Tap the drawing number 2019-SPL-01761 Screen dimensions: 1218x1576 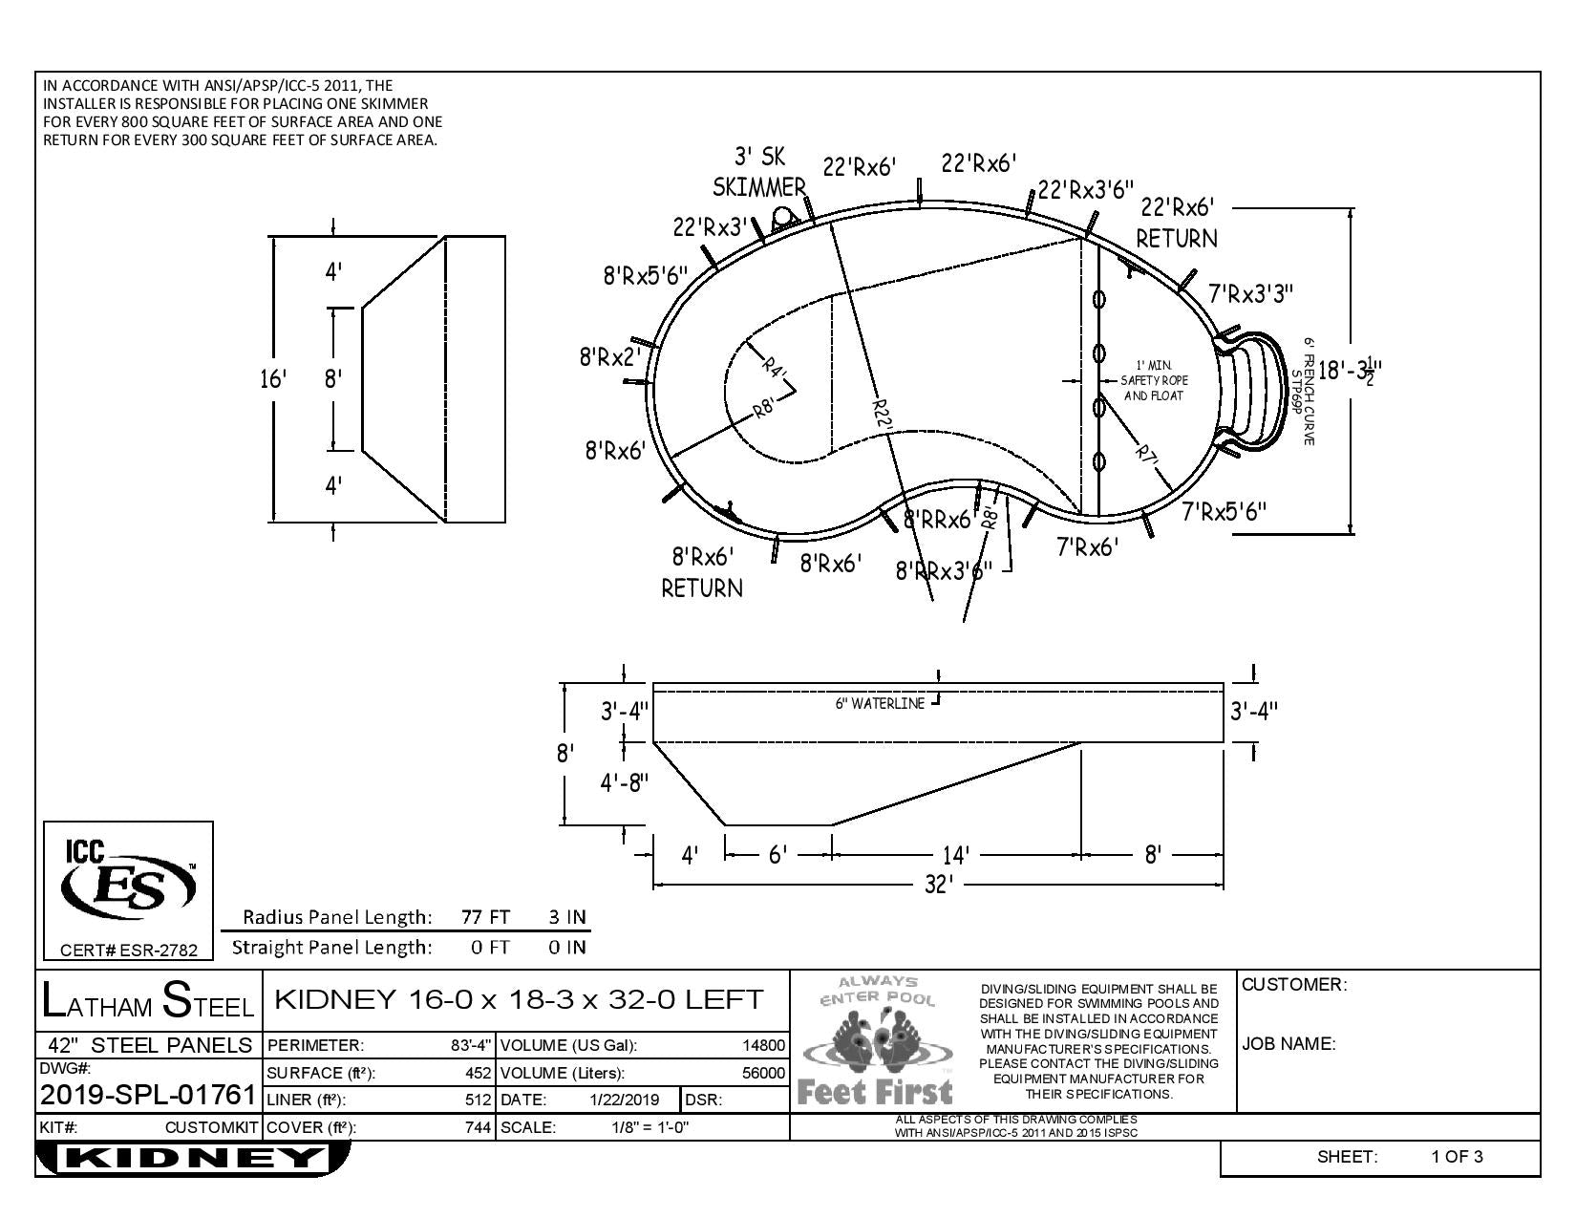click(148, 1095)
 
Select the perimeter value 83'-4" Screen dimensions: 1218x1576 click(471, 1045)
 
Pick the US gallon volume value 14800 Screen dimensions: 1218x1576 click(764, 1045)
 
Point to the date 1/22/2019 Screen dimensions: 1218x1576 click(626, 1100)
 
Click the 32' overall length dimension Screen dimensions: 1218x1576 click(938, 885)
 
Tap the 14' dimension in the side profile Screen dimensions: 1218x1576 click(955, 854)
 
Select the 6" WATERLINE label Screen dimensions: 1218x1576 click(880, 703)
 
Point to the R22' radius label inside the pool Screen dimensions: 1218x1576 click(883, 410)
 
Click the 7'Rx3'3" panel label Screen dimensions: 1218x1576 click(1251, 293)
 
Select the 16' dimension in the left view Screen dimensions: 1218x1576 click(273, 379)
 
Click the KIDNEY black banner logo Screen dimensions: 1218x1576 click(191, 1159)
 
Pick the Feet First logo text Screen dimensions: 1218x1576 click(875, 1091)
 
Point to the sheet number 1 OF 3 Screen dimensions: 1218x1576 click(1457, 1157)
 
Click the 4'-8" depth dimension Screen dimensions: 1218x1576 click(624, 782)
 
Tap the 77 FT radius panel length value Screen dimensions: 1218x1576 click(485, 917)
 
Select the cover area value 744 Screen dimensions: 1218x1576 click(479, 1127)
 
